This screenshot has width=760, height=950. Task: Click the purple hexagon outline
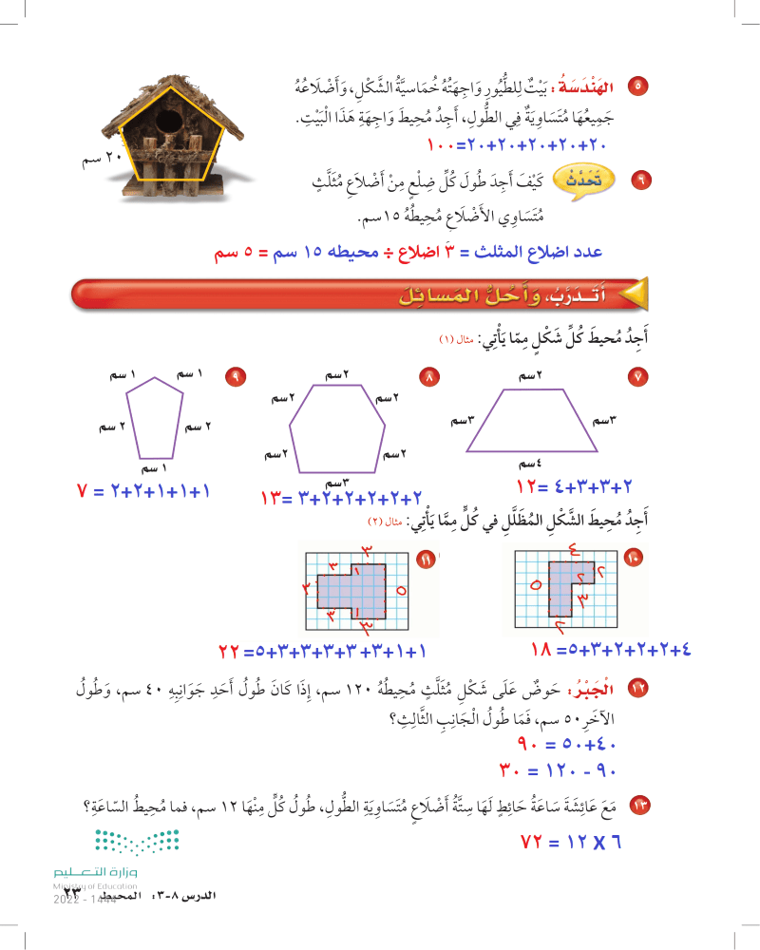click(x=337, y=428)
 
